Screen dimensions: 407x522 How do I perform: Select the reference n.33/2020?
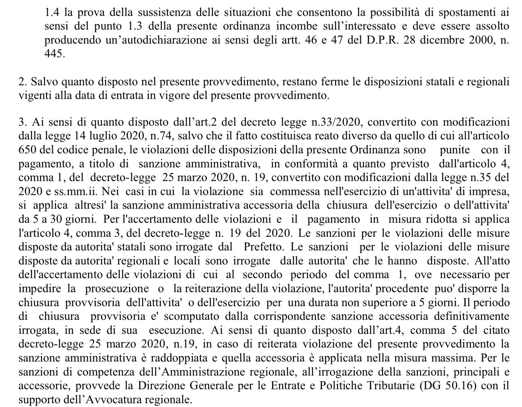pos(336,122)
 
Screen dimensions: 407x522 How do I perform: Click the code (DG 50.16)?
pos(448,386)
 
